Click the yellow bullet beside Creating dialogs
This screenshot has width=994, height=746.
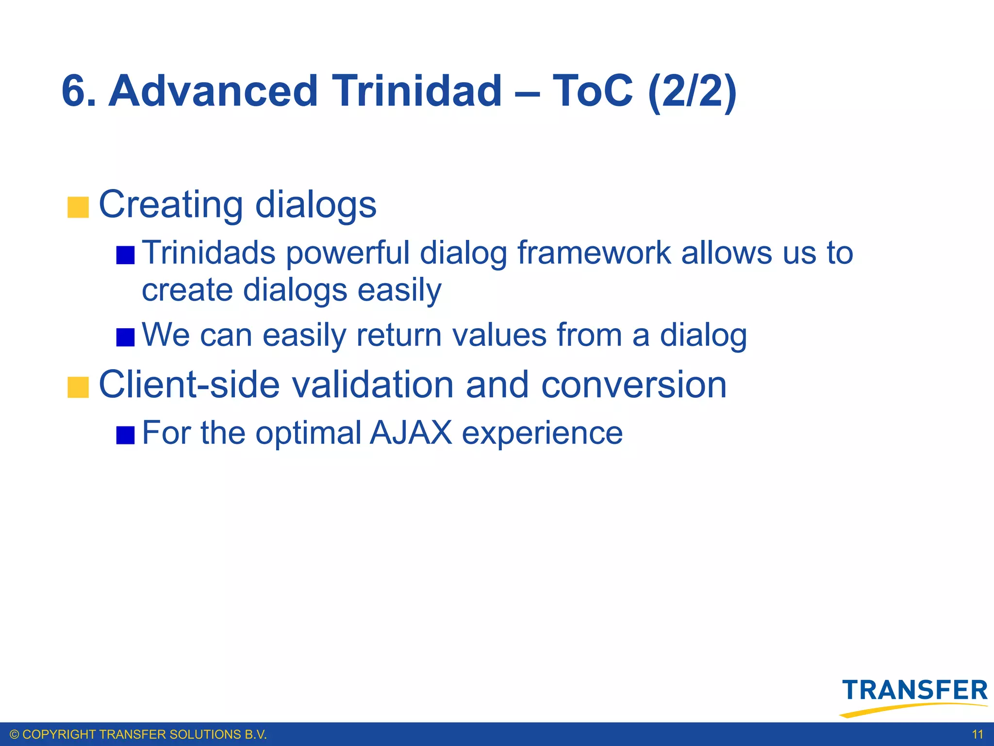pos(78,207)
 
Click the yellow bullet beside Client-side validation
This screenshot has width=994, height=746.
pos(78,387)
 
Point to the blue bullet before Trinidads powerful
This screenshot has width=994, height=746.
pos(125,255)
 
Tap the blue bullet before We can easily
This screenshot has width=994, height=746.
pos(125,337)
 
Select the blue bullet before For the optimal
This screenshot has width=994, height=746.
pos(125,435)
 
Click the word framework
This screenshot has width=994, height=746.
pos(594,253)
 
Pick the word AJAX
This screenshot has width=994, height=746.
pos(411,433)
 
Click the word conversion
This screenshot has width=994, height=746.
pos(633,385)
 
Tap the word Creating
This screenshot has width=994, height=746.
pos(171,205)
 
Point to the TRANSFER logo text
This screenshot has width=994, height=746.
pos(915,690)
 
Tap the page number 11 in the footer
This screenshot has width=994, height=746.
pos(977,734)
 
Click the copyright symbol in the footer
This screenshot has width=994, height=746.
pos(14,734)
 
